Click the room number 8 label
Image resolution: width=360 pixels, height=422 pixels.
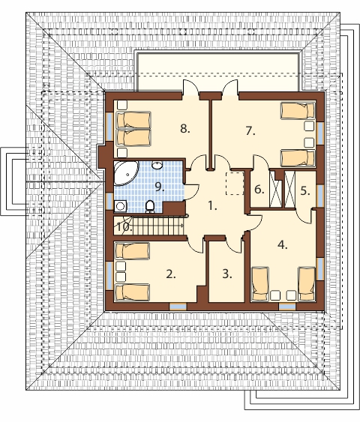[185, 129]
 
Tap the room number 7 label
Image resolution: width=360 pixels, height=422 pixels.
[250, 131]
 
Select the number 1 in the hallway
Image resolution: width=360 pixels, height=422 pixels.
[212, 206]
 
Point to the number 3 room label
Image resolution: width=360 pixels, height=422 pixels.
[227, 274]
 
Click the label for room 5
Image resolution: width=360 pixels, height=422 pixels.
[305, 191]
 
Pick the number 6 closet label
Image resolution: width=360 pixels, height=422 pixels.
[259, 190]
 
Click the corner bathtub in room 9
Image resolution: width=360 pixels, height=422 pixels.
[125, 172]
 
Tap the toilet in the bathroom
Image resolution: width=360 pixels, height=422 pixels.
[150, 207]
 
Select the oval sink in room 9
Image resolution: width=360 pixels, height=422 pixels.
[157, 165]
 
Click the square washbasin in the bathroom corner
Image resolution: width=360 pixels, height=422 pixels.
[120, 206]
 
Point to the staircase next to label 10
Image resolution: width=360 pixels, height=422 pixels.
[157, 226]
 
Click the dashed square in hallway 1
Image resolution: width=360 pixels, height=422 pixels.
[235, 184]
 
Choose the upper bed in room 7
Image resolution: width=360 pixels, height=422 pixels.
[298, 111]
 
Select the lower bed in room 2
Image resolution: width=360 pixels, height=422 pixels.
[132, 292]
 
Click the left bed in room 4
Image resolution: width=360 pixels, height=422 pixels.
[260, 284]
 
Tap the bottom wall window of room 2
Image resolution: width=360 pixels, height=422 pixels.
[178, 307]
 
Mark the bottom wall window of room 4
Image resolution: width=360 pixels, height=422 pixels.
[287, 307]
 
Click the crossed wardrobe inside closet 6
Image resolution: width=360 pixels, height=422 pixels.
[276, 189]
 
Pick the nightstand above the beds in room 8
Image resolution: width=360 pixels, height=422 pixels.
[122, 105]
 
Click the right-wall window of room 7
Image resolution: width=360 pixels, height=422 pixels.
[320, 133]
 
